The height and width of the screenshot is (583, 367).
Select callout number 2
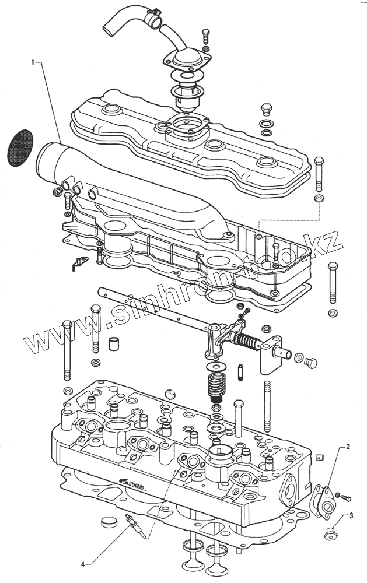[348, 447]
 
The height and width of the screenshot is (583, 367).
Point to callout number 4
[83, 563]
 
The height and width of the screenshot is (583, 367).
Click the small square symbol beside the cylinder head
[319, 458]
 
